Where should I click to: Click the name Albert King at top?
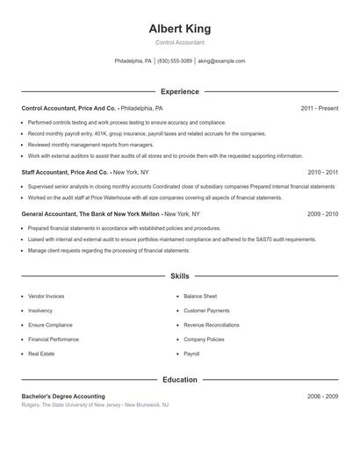pyautogui.click(x=180, y=29)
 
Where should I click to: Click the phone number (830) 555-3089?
pyautogui.click(x=175, y=61)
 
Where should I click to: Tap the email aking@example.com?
pyautogui.click(x=221, y=61)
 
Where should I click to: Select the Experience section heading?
pyautogui.click(x=180, y=91)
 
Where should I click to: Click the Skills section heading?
pyautogui.click(x=180, y=275)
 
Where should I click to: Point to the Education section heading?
pyautogui.click(x=180, y=380)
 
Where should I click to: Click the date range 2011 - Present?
pyautogui.click(x=320, y=108)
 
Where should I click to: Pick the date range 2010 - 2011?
pyautogui.click(x=323, y=173)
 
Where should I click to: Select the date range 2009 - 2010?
pyautogui.click(x=323, y=213)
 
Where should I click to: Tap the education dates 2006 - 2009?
pyautogui.click(x=323, y=397)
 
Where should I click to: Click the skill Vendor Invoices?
pyautogui.click(x=46, y=297)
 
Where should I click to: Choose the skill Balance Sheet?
pyautogui.click(x=200, y=297)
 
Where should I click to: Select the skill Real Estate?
pyautogui.click(x=41, y=354)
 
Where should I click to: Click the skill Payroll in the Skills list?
pyautogui.click(x=191, y=354)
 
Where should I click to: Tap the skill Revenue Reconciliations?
pyautogui.click(x=212, y=325)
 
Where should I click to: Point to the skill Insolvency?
pyautogui.click(x=40, y=311)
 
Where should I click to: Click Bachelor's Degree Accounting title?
pyautogui.click(x=63, y=397)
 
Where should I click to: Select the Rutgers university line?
pyautogui.click(x=95, y=405)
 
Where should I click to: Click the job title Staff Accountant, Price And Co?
pyautogui.click(x=65, y=173)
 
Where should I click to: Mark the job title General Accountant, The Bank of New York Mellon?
pyautogui.click(x=91, y=213)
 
